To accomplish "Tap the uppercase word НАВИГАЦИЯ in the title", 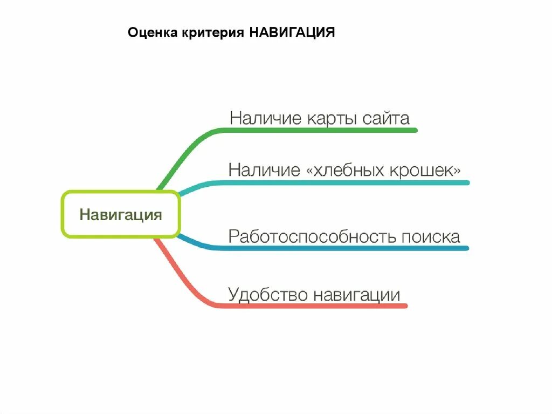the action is coord(292,33).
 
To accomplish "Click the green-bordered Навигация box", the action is coord(121,214).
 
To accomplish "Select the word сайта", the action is coord(386,118).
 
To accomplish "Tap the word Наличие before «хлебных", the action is coord(264,171).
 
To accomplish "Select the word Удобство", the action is coord(268,295).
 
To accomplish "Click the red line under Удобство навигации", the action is coord(313,306).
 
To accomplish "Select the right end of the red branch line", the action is coord(405,306).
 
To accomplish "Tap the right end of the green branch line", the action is coord(415,130).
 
